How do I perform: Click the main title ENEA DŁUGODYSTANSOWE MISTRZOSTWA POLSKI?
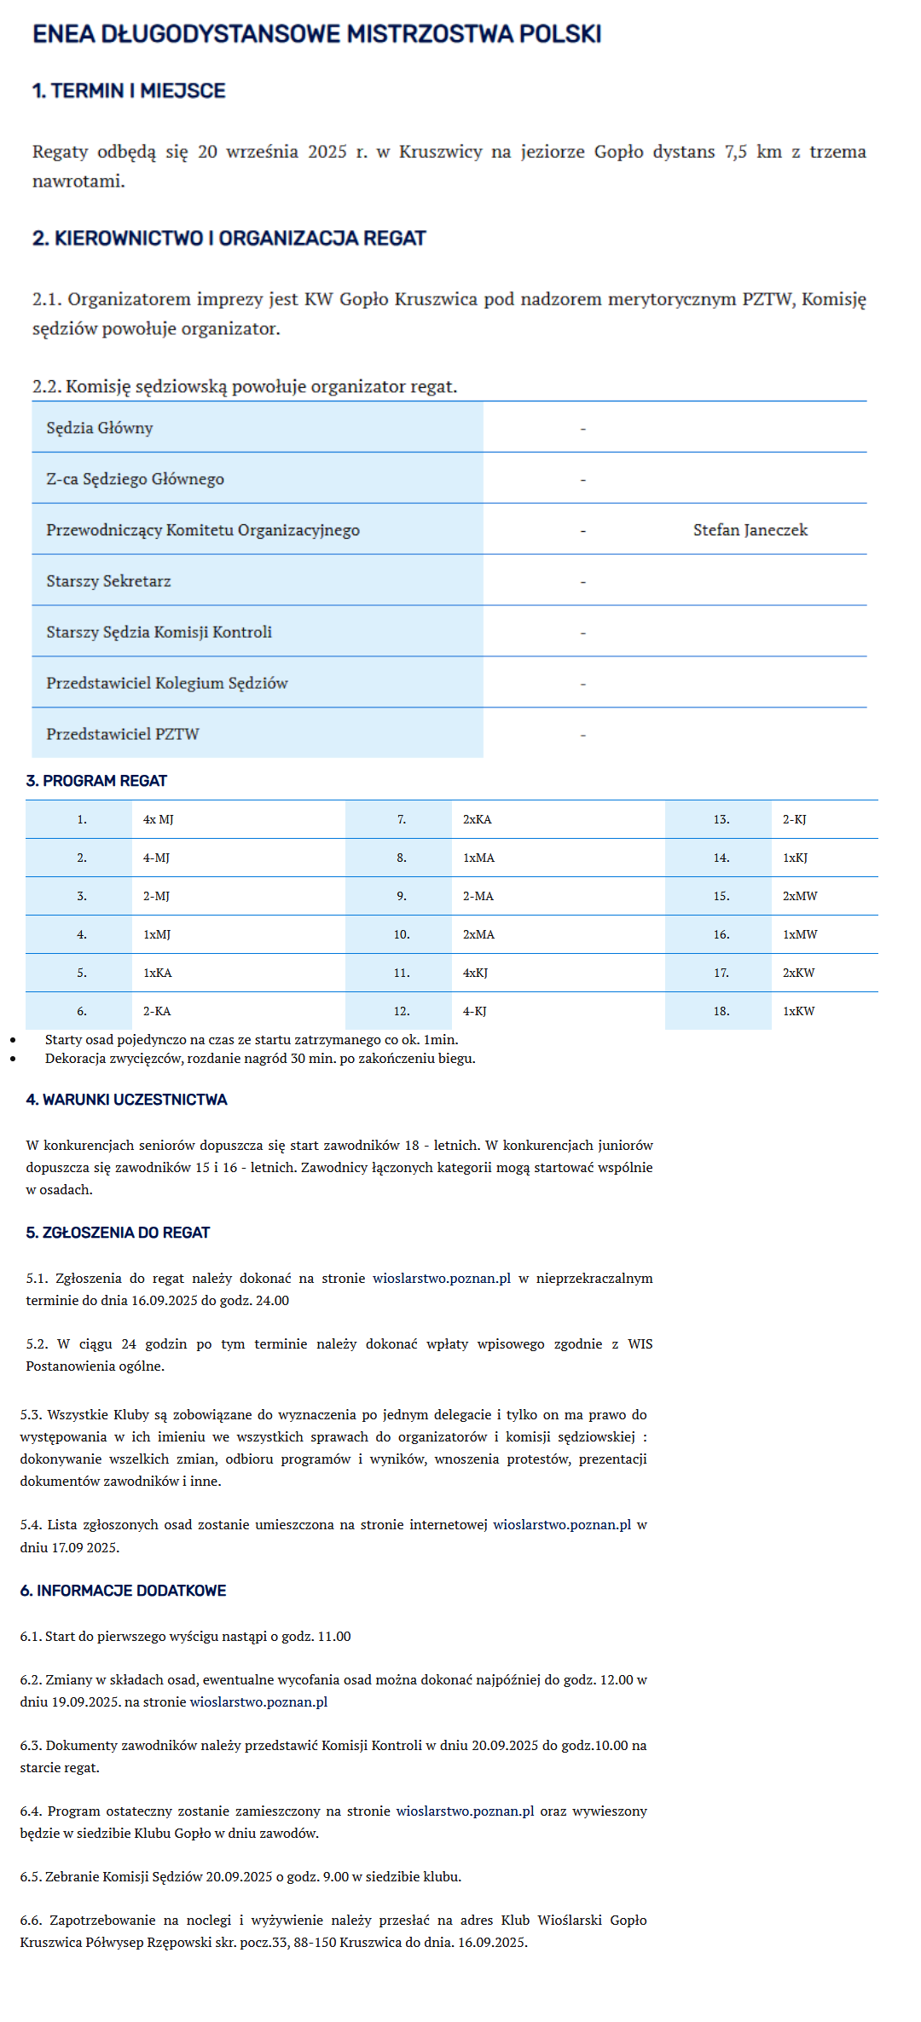point(316,34)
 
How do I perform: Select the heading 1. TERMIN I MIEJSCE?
point(129,91)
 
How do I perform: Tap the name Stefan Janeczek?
point(750,530)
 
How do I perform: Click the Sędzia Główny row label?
point(100,428)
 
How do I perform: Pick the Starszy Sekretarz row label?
point(108,581)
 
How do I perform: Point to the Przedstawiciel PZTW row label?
point(123,735)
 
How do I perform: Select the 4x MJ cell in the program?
point(159,819)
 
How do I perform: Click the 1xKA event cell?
point(158,973)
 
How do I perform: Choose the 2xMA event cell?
point(478,934)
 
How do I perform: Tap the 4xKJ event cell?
point(475,973)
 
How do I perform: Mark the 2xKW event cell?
point(798,973)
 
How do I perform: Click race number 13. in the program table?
point(721,819)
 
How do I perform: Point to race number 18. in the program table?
point(721,1011)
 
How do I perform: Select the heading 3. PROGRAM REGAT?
point(96,781)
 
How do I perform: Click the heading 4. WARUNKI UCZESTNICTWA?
point(126,1100)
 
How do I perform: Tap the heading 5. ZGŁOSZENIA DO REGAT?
point(118,1233)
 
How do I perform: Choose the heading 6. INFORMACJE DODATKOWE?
point(123,1591)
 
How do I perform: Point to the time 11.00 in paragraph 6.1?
point(333,1637)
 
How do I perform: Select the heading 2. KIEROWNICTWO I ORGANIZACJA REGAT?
point(229,239)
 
